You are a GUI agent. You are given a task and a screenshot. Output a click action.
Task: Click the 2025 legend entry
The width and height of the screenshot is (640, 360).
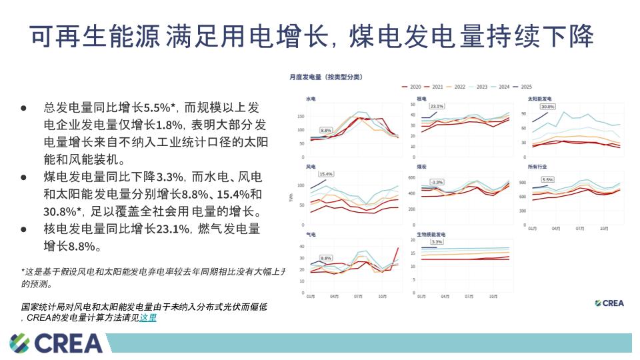click(521, 87)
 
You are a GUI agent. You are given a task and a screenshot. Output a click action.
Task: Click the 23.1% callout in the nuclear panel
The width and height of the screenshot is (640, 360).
click(437, 106)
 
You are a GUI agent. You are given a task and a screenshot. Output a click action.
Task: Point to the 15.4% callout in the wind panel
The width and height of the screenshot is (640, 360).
click(326, 174)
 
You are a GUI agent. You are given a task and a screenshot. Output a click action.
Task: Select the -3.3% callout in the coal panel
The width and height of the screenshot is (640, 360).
click(437, 181)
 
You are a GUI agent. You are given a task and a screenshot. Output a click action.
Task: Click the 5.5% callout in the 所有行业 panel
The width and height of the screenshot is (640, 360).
click(547, 179)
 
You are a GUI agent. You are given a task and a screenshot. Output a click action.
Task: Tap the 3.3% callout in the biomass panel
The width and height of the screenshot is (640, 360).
click(437, 242)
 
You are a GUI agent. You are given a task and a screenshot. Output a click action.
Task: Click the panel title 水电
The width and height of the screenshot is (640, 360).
click(311, 99)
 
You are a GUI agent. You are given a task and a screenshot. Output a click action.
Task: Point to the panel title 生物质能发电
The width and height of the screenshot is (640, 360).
click(431, 235)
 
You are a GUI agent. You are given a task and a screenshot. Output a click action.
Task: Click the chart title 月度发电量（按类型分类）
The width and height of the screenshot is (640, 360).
click(326, 77)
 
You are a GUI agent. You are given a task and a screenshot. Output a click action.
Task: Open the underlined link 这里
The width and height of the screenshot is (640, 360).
click(148, 318)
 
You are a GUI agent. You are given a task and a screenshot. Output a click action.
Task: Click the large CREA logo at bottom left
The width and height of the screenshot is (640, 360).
click(57, 343)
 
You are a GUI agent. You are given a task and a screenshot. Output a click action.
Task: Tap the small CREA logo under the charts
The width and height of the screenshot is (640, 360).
click(609, 303)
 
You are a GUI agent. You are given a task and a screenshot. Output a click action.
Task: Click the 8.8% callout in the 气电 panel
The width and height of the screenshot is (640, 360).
click(326, 257)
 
